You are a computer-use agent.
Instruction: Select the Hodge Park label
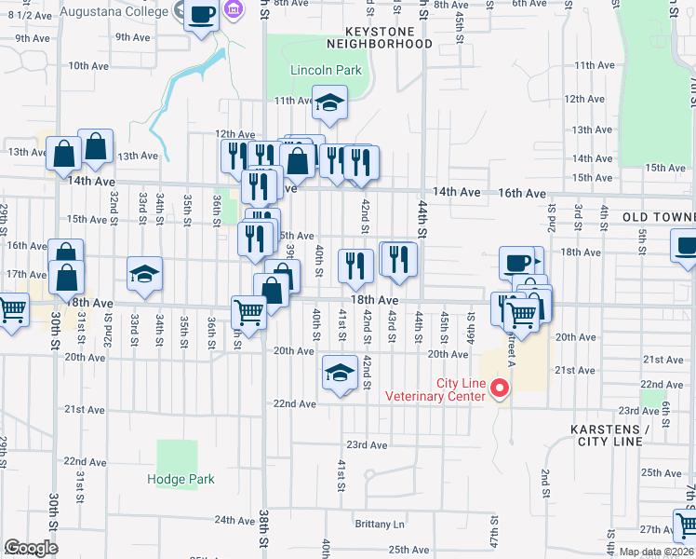click(181, 480)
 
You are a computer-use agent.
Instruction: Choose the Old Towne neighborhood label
click(659, 217)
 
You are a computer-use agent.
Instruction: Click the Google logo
click(31, 548)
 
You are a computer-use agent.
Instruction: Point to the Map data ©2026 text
click(655, 552)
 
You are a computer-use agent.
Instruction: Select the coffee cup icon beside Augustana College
click(201, 15)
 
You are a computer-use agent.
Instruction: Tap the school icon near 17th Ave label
click(144, 275)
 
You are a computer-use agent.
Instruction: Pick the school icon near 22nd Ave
click(340, 374)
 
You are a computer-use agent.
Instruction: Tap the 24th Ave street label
click(234, 520)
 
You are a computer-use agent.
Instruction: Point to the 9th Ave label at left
click(33, 38)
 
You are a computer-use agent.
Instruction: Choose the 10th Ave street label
click(88, 66)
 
